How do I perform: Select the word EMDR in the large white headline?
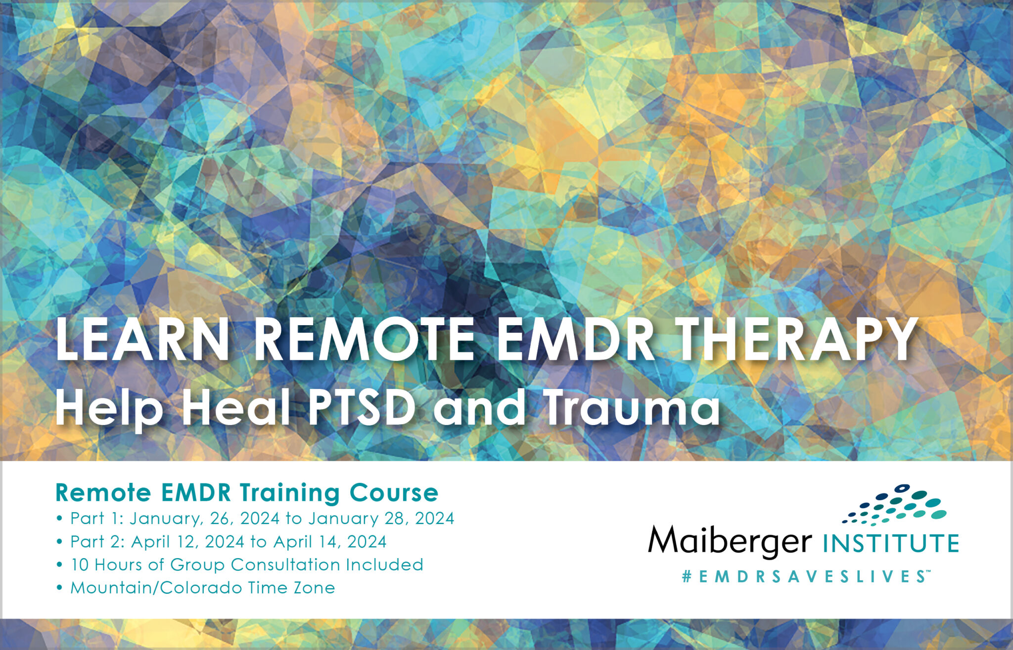[575, 340]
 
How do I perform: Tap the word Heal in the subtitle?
[236, 408]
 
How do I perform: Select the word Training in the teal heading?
[291, 493]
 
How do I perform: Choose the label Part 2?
[98, 542]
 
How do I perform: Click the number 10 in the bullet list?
[80, 564]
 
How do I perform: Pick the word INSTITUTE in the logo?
[891, 543]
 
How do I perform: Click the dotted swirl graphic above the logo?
[895, 505]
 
